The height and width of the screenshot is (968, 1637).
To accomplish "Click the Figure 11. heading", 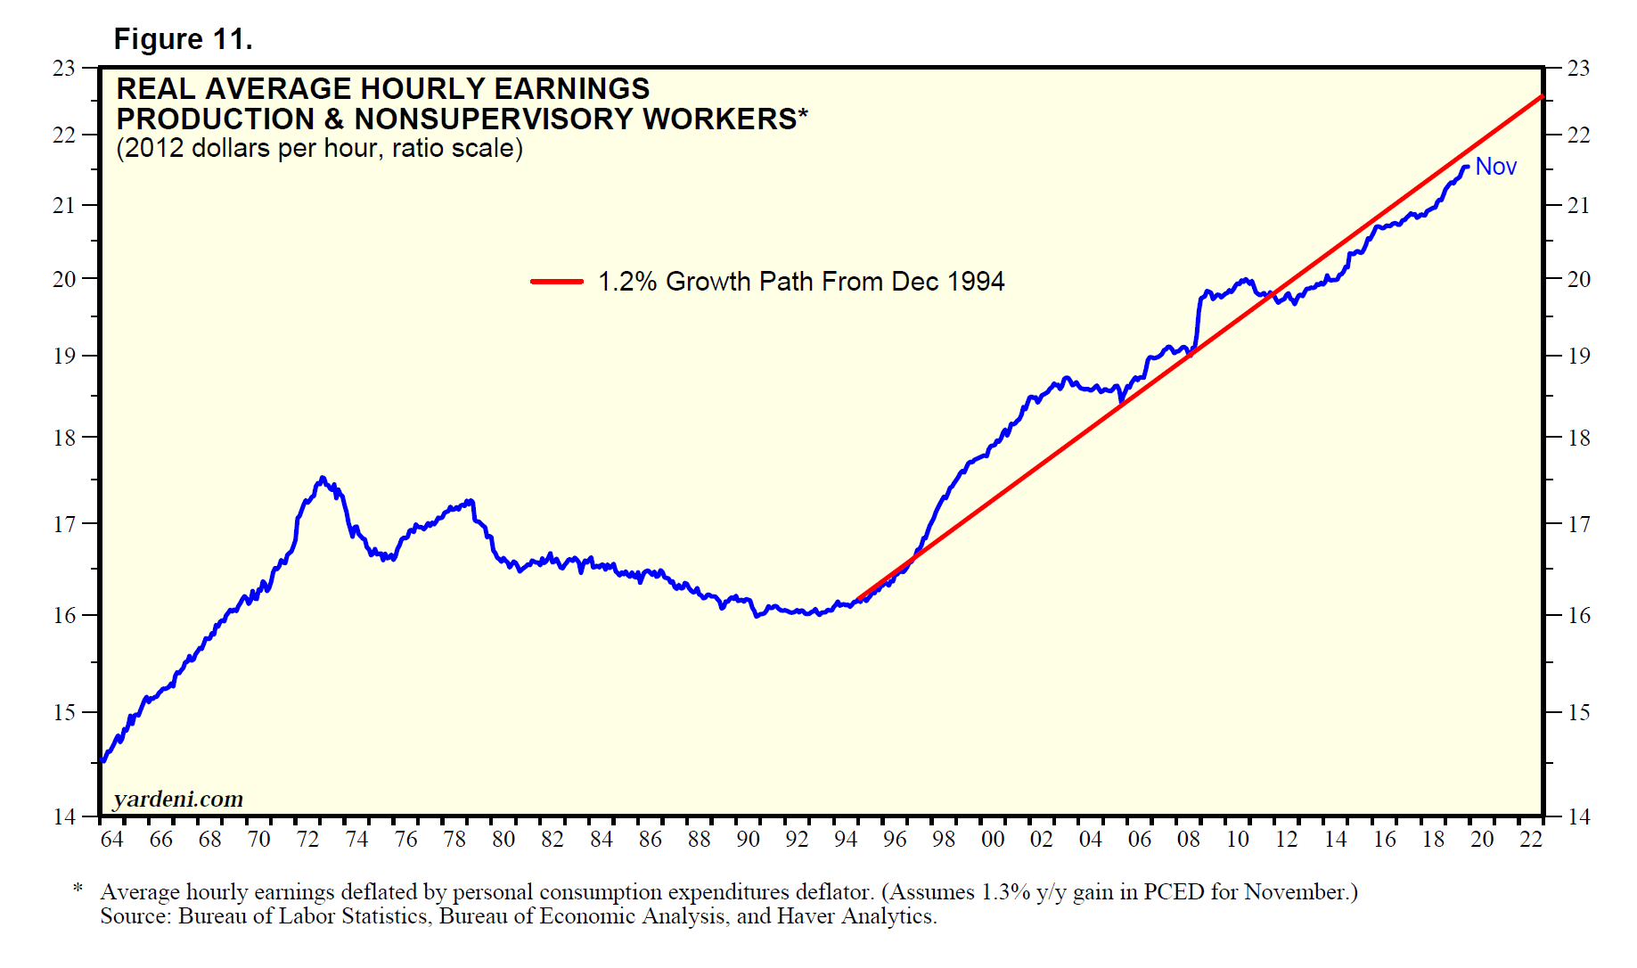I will click(x=183, y=39).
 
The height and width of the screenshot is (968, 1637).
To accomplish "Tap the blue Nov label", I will click(x=1495, y=167).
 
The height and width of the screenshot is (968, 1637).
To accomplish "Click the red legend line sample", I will click(x=556, y=282).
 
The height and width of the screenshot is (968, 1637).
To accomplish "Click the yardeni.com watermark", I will click(x=178, y=799).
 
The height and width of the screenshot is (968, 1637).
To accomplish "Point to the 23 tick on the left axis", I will click(x=64, y=68).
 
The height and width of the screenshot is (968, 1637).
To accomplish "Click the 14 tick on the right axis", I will click(x=1578, y=816).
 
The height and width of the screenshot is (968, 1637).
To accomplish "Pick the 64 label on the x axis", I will click(x=111, y=839).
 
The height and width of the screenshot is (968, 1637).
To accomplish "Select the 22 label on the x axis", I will click(x=1531, y=839).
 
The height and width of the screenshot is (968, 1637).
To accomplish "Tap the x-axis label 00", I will click(x=992, y=839).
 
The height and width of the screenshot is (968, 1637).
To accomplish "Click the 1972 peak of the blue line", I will click(x=323, y=479).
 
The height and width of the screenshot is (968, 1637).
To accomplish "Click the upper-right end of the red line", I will click(x=1541, y=96).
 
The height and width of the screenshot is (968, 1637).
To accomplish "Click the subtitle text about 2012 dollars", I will click(x=319, y=148).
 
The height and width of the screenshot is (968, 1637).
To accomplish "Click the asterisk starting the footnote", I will click(x=78, y=890).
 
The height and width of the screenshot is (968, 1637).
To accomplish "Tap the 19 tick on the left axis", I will click(x=64, y=356).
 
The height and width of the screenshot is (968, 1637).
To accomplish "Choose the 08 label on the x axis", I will click(x=1188, y=839).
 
